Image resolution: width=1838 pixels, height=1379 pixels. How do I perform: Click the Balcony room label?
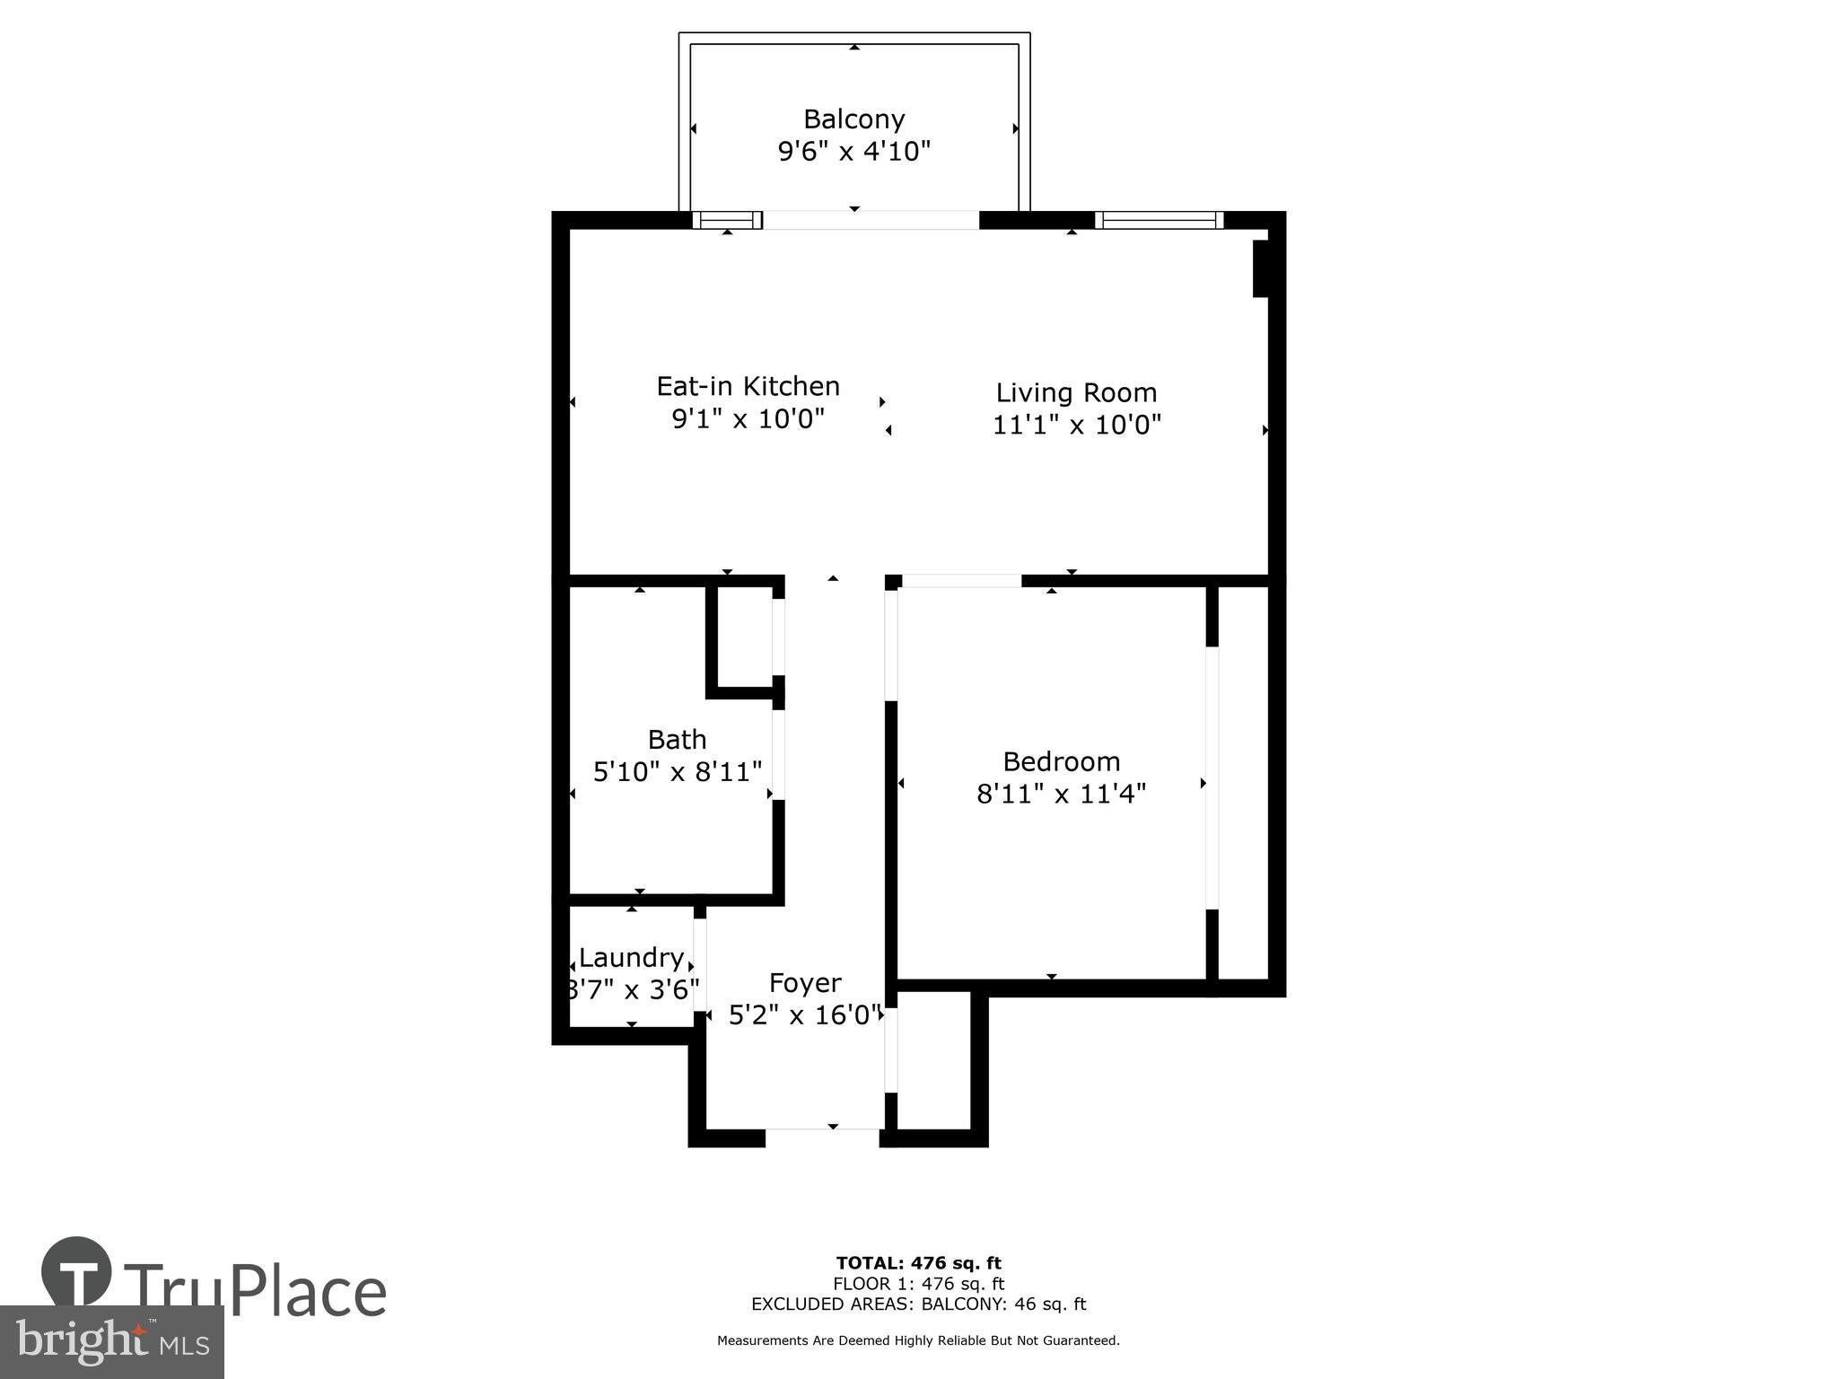tap(853, 119)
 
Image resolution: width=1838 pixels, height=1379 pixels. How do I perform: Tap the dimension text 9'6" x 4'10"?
tap(853, 152)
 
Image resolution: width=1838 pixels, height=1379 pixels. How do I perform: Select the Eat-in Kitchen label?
tap(748, 387)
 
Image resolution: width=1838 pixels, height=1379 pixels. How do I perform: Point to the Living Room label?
tap(1076, 393)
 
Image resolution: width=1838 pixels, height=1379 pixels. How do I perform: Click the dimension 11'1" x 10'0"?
tap(1076, 425)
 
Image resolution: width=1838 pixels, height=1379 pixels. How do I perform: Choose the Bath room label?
tap(677, 740)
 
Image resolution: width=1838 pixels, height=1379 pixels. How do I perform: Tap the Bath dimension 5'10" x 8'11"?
tap(677, 771)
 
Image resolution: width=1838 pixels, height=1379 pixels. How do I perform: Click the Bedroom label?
tap(1061, 762)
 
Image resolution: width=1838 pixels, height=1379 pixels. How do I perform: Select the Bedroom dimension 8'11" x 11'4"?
tap(1061, 794)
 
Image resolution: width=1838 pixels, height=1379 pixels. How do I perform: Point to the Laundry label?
tap(631, 958)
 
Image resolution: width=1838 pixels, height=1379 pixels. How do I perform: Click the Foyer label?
tap(804, 983)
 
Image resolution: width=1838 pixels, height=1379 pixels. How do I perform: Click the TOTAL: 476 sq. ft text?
tap(918, 1264)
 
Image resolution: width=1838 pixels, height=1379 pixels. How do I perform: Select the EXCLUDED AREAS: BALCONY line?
tap(918, 1304)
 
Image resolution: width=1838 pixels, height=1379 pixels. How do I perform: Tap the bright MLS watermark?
tap(111, 1341)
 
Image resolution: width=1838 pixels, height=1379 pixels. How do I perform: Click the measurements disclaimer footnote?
tap(918, 1340)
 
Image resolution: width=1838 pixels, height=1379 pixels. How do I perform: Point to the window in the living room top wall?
tap(1159, 220)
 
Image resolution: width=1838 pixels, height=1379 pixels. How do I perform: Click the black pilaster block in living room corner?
tap(1261, 268)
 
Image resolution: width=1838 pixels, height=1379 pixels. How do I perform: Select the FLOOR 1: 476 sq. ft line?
tap(918, 1284)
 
